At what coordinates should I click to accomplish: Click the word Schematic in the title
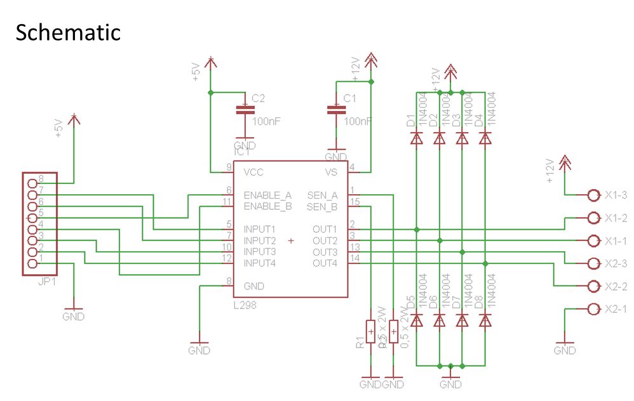67,32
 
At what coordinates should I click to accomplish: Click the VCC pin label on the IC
253,172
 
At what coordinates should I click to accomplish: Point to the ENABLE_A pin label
267,195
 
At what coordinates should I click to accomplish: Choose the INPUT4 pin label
259,263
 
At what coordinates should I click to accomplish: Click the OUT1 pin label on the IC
325,228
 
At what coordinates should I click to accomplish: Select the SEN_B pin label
323,206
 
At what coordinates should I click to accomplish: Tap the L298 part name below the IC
245,306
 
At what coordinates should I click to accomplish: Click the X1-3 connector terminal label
616,195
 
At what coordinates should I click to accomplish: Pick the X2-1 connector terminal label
616,309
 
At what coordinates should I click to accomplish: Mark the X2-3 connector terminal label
616,263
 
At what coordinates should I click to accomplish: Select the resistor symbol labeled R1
371,332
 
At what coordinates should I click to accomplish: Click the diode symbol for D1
417,138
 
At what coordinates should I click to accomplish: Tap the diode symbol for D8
485,321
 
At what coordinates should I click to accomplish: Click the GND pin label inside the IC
254,286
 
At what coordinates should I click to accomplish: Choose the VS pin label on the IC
332,172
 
